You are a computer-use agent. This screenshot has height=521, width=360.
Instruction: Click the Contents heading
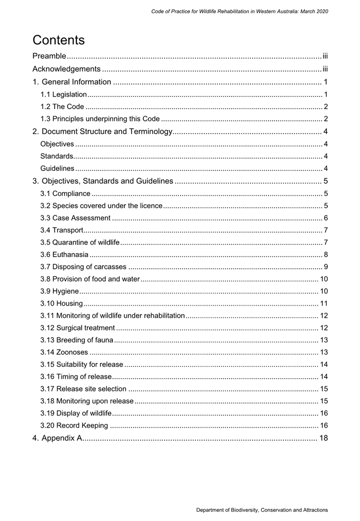(59, 40)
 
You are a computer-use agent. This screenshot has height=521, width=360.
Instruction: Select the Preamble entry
(49, 56)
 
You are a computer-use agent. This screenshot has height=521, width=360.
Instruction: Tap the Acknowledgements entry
(66, 69)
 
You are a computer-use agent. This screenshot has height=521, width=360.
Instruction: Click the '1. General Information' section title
(72, 82)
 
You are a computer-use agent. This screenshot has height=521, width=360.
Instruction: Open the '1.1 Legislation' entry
(63, 94)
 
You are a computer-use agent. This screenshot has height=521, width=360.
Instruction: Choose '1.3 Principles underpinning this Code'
(100, 119)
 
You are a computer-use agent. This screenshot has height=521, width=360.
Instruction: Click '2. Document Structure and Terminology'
(102, 132)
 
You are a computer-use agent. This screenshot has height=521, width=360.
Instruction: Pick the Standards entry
(56, 156)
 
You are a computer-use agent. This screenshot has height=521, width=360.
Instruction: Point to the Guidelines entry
(57, 168)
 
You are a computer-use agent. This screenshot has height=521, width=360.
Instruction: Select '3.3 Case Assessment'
(75, 218)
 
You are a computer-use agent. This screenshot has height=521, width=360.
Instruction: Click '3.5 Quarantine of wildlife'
(80, 242)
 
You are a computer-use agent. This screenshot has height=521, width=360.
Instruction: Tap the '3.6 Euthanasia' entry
(64, 255)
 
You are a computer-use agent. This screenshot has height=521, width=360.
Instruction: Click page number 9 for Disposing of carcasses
(325, 267)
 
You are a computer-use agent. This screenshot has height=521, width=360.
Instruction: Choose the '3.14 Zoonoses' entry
(64, 352)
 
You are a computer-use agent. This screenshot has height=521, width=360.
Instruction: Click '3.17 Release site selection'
(83, 389)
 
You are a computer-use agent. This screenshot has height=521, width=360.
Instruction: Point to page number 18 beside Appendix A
(323, 438)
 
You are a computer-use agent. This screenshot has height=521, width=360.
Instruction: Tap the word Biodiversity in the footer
(246, 510)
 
